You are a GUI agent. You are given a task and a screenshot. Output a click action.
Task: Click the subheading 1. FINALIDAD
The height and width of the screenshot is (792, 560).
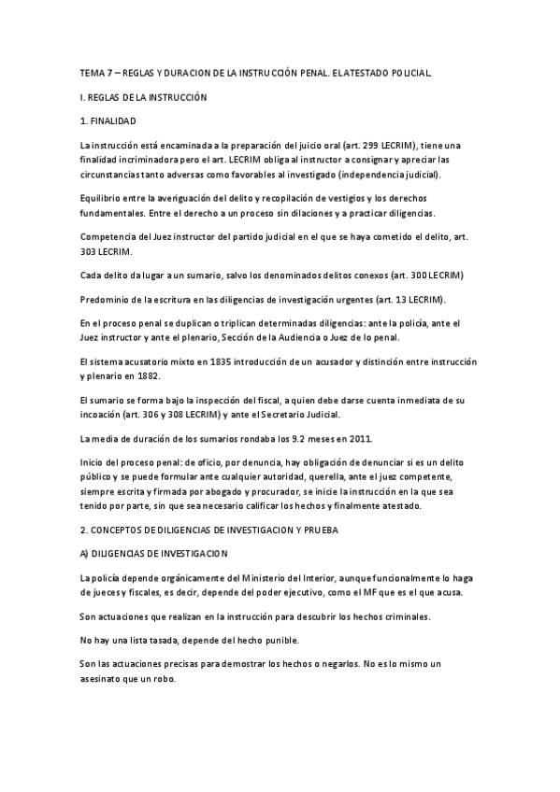[108, 121]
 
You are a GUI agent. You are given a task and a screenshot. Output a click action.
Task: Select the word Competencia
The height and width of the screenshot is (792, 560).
[108, 236]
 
